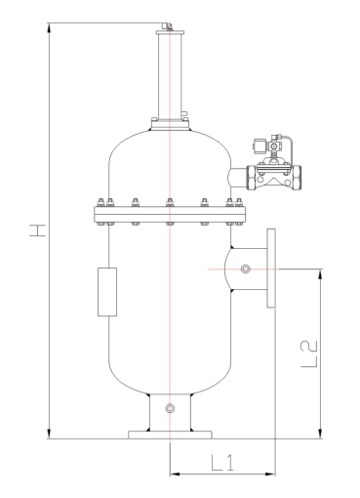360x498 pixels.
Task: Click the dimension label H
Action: (38, 230)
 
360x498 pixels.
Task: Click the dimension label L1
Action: (222, 463)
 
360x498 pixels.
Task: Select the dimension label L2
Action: (309, 354)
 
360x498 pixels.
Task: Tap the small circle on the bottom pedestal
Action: (170, 408)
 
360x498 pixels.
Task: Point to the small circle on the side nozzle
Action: (246, 269)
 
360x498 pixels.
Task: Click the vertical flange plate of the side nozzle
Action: (271, 268)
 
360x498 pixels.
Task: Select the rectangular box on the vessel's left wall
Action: (107, 292)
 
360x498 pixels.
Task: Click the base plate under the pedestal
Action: (170, 435)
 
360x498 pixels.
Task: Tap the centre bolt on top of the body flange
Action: (170, 202)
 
